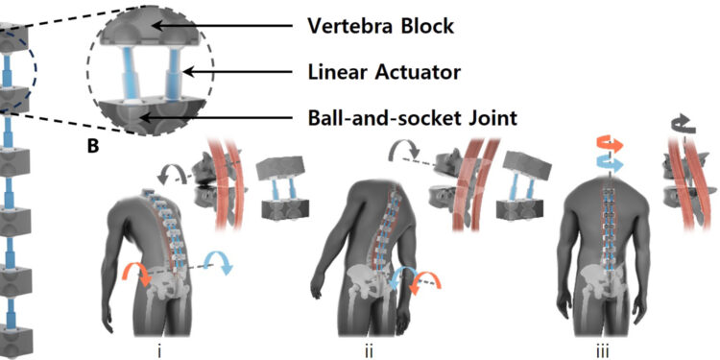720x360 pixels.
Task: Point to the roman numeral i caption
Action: (x=157, y=348)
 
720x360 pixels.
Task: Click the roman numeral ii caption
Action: (x=369, y=348)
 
